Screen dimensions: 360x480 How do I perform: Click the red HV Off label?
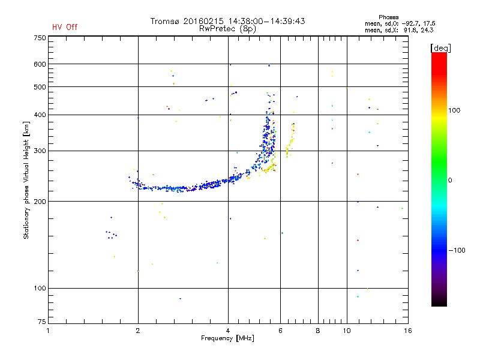coord(65,27)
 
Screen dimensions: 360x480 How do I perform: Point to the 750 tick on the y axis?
coord(40,38)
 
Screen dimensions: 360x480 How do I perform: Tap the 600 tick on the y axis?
coord(40,64)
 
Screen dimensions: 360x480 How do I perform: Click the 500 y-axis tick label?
coord(40,87)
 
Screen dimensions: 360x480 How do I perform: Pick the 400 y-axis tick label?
coord(40,115)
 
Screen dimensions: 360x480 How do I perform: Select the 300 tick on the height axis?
coord(40,151)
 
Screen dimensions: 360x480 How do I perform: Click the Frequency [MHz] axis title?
coord(227,338)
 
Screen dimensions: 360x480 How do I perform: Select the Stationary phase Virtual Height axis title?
coord(26,180)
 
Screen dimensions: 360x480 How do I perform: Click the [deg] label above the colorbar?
coord(441,47)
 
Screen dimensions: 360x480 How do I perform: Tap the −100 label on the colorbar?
coord(458,250)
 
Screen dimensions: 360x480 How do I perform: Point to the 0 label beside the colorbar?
coord(450,180)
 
